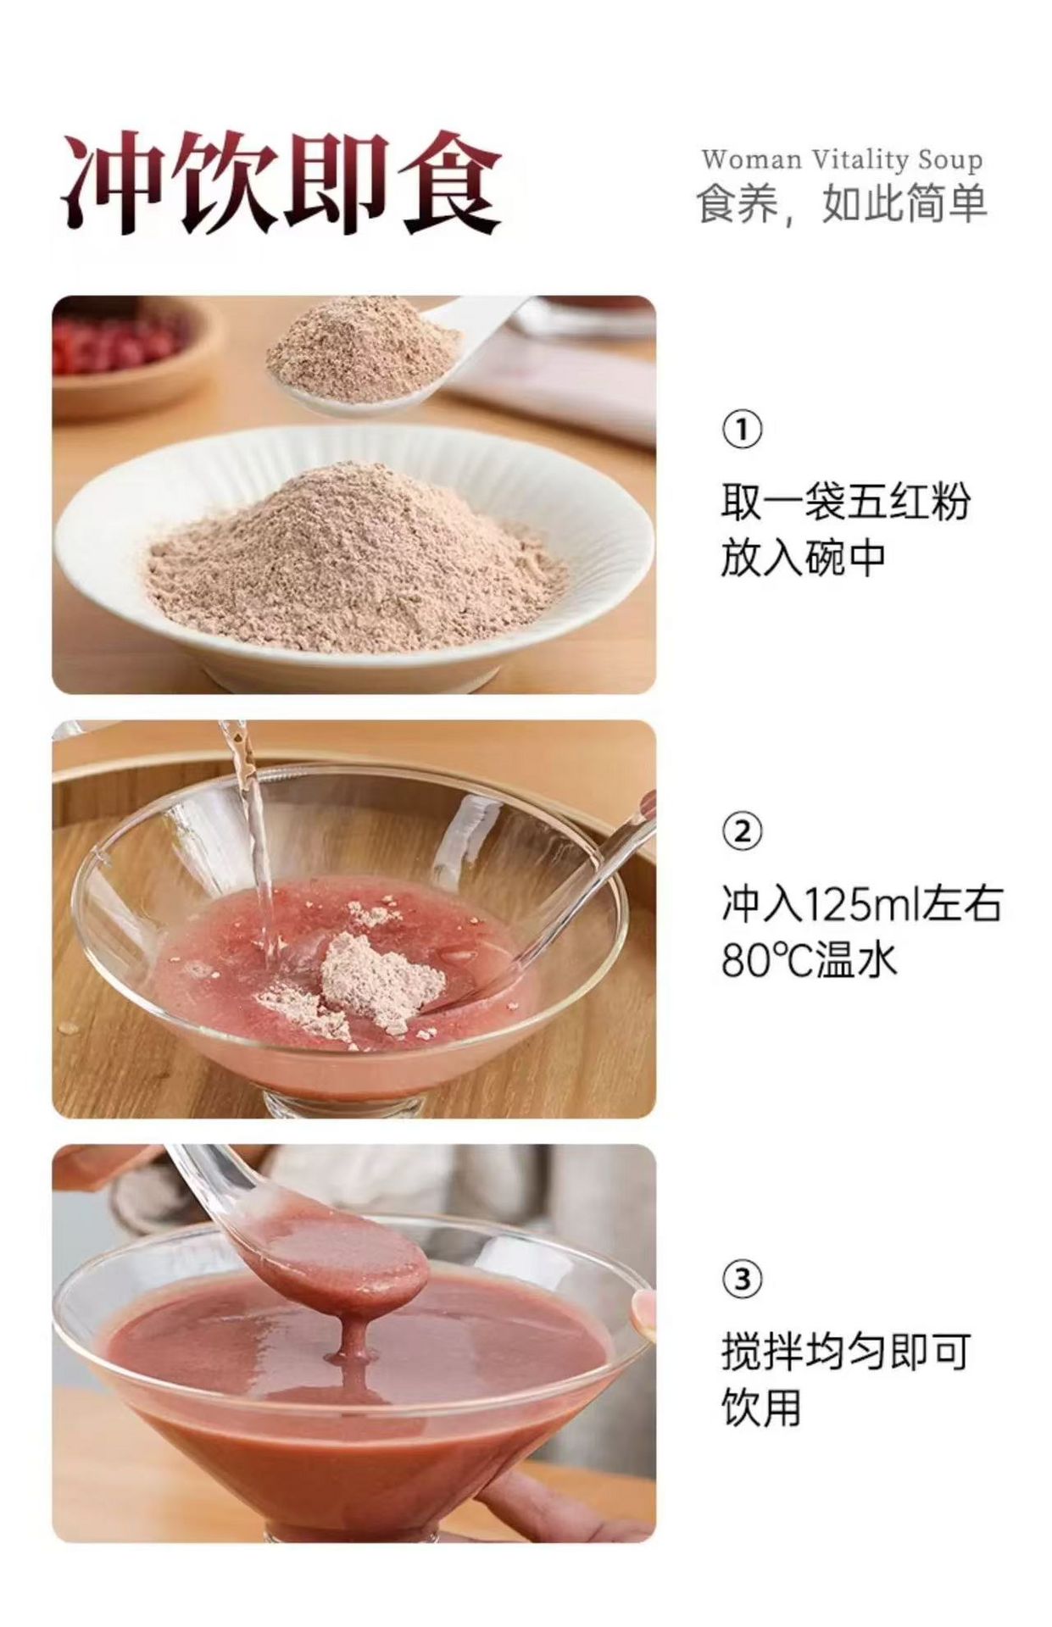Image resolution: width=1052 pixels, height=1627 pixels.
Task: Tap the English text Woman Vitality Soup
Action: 842,158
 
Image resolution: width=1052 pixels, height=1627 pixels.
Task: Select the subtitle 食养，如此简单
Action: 842,204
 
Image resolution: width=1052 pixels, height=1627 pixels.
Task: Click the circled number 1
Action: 742,430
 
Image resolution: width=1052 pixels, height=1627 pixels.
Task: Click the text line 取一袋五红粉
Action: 845,502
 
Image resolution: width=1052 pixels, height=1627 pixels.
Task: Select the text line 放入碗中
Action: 803,558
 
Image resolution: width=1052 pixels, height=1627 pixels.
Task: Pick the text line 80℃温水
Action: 809,960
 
